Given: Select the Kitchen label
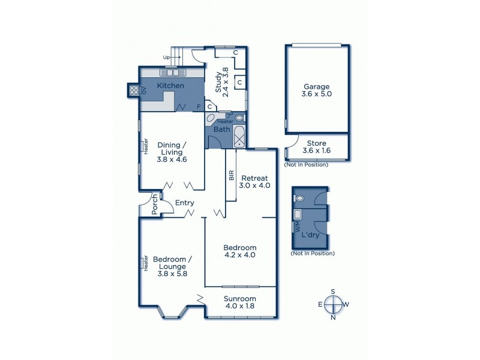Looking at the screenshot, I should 170,86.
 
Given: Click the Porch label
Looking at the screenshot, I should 154,205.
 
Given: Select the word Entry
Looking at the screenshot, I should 184,203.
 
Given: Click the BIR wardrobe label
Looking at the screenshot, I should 230,176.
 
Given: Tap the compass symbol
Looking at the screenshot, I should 333,305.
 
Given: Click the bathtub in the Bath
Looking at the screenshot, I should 239,137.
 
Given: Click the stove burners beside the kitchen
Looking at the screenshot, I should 134,91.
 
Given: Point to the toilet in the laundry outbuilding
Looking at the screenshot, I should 299,198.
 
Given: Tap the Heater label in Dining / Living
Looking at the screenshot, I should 145,147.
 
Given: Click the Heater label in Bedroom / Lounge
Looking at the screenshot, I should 145,262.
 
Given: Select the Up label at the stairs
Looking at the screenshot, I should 167,58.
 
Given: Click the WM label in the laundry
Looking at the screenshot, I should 295,227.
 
